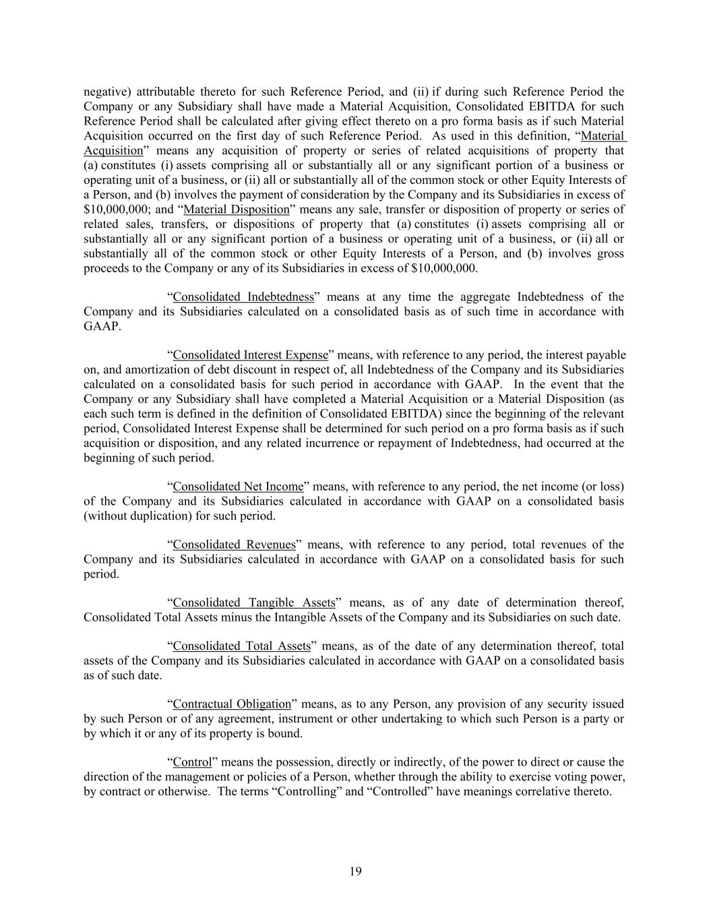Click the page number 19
tap(356, 871)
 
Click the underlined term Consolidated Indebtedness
tap(243, 297)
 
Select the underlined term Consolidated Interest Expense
tap(250, 355)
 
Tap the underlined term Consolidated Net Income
tap(238, 487)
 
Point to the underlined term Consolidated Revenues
tap(234, 545)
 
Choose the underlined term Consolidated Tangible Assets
tap(254, 603)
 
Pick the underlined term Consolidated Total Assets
tap(242, 646)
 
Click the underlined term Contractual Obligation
tap(232, 704)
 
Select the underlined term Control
tap(192, 762)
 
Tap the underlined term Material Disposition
tap(236, 210)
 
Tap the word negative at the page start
tap(106, 92)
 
